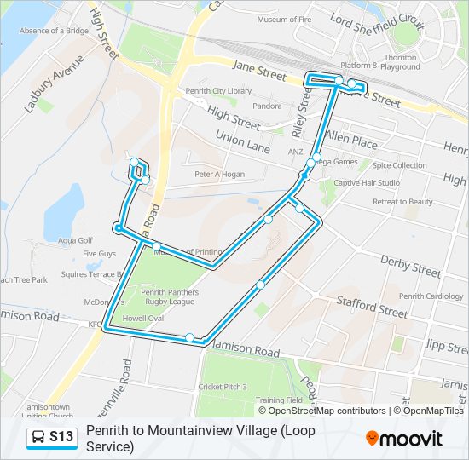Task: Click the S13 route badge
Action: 52,438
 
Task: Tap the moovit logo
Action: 404,439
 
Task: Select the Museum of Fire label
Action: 287,20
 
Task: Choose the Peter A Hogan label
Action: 219,175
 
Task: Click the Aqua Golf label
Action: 74,240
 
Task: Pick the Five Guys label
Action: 99,254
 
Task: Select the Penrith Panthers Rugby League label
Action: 169,297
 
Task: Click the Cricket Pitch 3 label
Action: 223,387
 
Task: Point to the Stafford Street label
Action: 372,307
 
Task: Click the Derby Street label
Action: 411,267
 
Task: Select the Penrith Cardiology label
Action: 431,296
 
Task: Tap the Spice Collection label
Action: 399,165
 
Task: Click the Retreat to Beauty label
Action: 403,202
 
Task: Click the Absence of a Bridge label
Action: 54,31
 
